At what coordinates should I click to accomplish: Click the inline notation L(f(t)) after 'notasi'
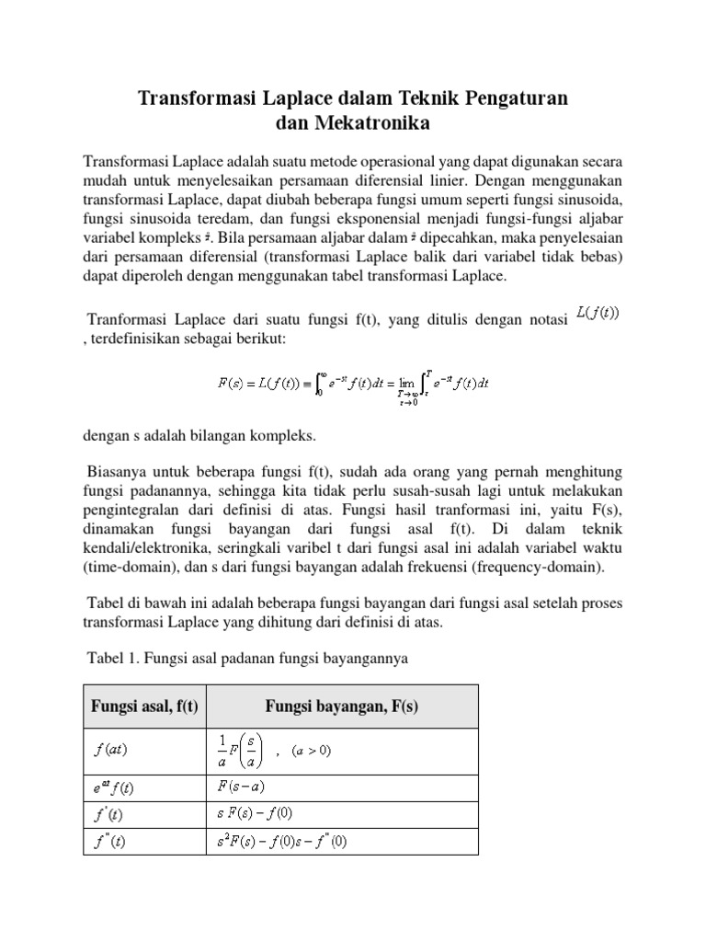[598, 313]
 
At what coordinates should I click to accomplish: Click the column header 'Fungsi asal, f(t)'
[145, 706]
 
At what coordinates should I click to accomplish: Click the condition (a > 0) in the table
[312, 750]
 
